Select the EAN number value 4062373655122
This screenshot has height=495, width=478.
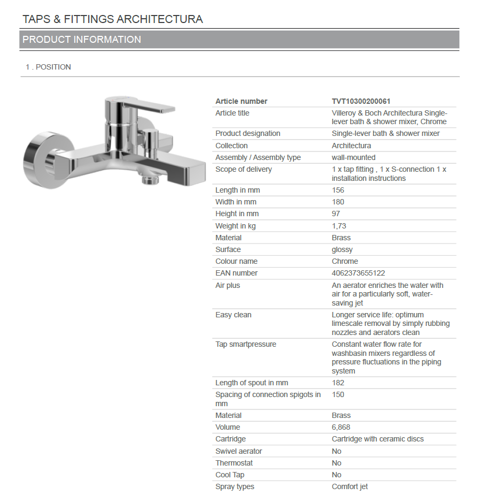[358, 273]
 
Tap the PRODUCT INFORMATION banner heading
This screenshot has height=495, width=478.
[82, 40]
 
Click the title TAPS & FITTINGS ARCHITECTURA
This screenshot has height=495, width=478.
[112, 19]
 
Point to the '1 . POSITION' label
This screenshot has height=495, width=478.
[48, 67]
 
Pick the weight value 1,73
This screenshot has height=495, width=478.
[339, 226]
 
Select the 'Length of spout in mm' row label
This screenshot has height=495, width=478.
[251, 383]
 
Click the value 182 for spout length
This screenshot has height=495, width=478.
[338, 383]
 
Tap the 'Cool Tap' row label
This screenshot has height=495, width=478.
[230, 475]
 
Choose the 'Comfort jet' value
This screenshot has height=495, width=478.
[350, 486]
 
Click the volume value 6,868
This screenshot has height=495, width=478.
[341, 427]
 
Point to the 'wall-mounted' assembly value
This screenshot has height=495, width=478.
[353, 157]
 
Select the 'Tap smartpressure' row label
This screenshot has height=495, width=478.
[245, 344]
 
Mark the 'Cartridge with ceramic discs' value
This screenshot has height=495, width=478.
[377, 439]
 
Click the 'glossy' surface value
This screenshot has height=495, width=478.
[342, 249]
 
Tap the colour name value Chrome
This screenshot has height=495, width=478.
[345, 261]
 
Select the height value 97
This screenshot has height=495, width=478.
[336, 214]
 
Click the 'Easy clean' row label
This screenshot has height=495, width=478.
[233, 315]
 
